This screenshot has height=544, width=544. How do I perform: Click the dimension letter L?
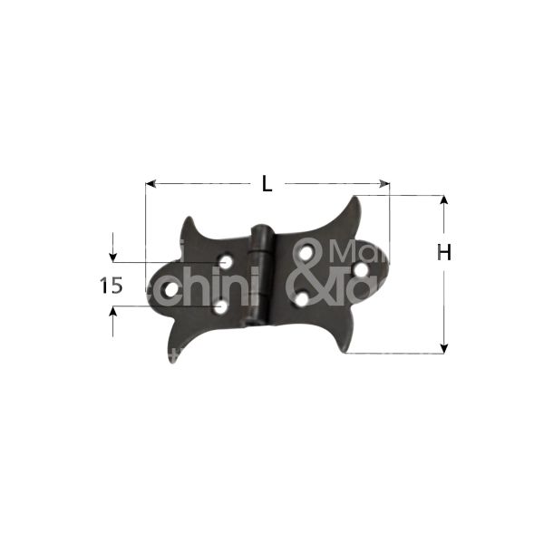(x=267, y=183)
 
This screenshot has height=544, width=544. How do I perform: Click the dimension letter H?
(x=443, y=253)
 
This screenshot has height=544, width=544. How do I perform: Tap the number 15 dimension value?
(x=111, y=286)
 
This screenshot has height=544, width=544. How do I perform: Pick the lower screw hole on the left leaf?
(x=220, y=308)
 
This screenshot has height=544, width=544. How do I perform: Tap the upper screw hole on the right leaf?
(x=307, y=252)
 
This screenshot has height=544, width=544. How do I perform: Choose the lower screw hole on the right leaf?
(x=302, y=296)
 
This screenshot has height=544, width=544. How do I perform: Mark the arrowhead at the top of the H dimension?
(x=443, y=200)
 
